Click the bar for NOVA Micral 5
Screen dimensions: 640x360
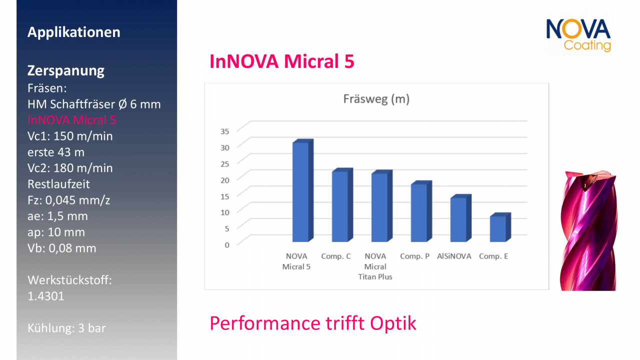tap(303, 190)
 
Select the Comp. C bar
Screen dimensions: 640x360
tap(342, 205)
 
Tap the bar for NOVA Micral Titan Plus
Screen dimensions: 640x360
tap(381, 206)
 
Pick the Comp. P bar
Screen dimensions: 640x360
tap(421, 211)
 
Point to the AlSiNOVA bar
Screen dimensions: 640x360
tap(460, 218)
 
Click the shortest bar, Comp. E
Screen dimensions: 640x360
tap(500, 227)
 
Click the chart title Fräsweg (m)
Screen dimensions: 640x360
tap(376, 99)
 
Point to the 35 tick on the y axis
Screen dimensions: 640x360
tap(225, 131)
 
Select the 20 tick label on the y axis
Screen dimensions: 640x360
tap(225, 180)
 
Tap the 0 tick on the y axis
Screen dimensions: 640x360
tap(227, 245)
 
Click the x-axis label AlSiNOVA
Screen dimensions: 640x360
tap(454, 256)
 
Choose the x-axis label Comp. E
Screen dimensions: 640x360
tap(493, 256)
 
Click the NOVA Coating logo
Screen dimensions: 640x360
tap(578, 35)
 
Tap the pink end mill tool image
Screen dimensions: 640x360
tap(588, 230)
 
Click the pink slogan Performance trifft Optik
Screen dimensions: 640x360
tap(313, 323)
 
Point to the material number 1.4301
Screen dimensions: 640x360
tap(45, 296)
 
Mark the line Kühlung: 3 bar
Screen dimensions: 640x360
tap(66, 328)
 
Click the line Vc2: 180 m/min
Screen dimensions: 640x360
tap(70, 168)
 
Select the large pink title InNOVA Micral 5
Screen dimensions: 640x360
tap(281, 61)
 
